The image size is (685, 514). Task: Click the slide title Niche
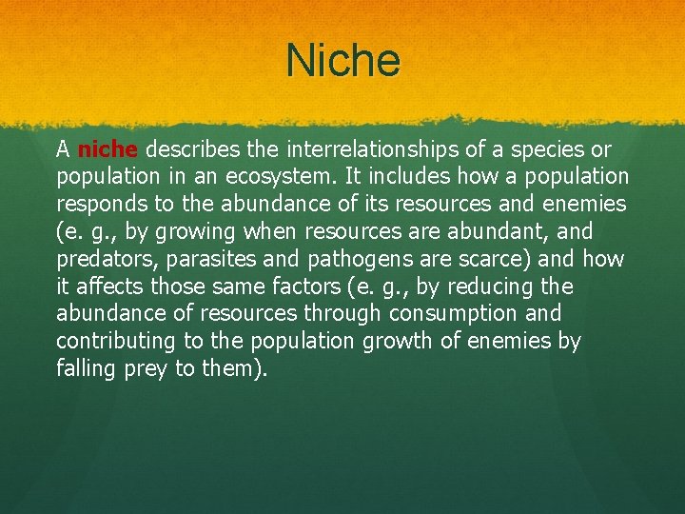click(x=342, y=61)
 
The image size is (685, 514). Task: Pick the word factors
click(x=320, y=287)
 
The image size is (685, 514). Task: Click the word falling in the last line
click(x=87, y=368)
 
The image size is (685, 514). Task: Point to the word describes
click(x=194, y=149)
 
